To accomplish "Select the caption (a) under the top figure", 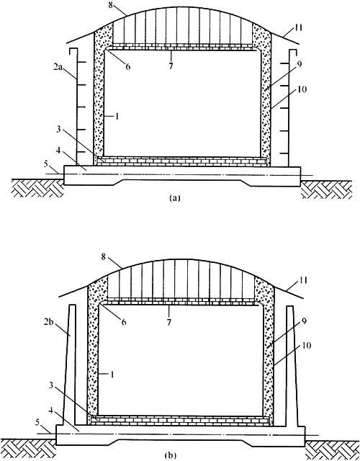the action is tap(175, 198).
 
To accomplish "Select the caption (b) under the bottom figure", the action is tap(171, 455).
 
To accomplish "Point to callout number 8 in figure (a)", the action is tap(112, 5).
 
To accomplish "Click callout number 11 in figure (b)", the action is tap(303, 280).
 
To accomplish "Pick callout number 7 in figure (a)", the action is tap(171, 66).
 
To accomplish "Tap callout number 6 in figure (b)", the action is tap(123, 322).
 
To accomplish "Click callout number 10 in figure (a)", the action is tap(302, 89).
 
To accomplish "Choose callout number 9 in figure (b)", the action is tap(304, 321).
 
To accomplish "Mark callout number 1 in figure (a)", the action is tap(117, 117).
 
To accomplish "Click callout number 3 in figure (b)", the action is tap(51, 385).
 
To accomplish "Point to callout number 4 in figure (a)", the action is tap(58, 151).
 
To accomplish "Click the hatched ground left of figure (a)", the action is tap(37, 187).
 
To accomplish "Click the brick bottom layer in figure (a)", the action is tap(182, 162).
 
